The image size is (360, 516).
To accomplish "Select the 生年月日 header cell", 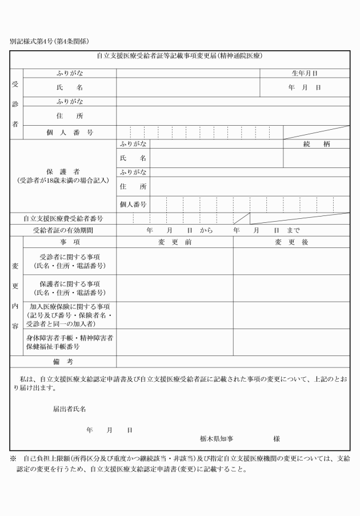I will click(304, 73).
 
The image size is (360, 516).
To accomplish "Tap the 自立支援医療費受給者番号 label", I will click(63, 218).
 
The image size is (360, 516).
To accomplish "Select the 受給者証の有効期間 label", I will click(63, 230).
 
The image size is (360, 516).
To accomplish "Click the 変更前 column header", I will click(174, 242).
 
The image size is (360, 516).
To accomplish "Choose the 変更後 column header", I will click(291, 242).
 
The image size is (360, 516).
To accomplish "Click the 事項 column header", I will click(69, 242).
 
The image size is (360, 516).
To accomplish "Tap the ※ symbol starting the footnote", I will click(13, 459).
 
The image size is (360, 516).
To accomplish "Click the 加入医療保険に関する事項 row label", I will click(69, 315).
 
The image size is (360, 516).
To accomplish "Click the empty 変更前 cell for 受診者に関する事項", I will click(174, 261).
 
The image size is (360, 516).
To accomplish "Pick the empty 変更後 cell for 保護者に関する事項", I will click(291, 288).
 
